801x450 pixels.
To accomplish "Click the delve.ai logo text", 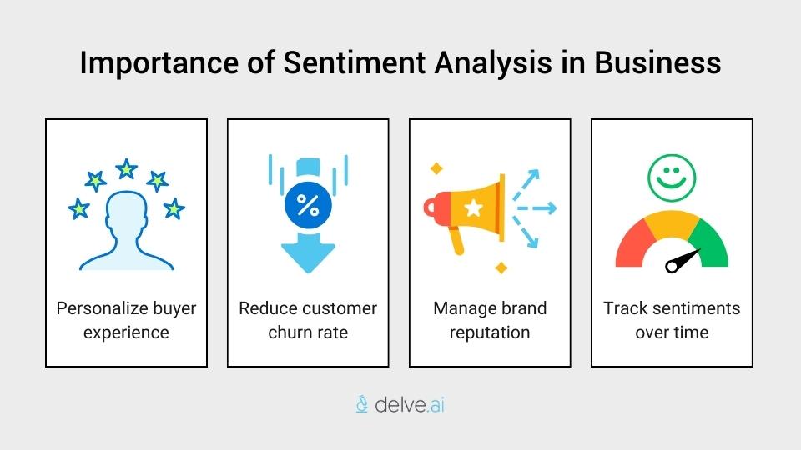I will tap(410, 405).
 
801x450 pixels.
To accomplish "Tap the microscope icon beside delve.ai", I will tap(362, 405).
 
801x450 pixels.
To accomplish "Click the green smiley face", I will tap(672, 178).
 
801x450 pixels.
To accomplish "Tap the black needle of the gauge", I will tap(683, 259).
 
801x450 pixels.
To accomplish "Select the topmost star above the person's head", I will tap(126, 169).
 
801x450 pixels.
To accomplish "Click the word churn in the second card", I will tap(290, 332).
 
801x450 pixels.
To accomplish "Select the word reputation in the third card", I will tap(490, 332).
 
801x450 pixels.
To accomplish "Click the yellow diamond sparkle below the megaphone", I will tap(501, 267).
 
